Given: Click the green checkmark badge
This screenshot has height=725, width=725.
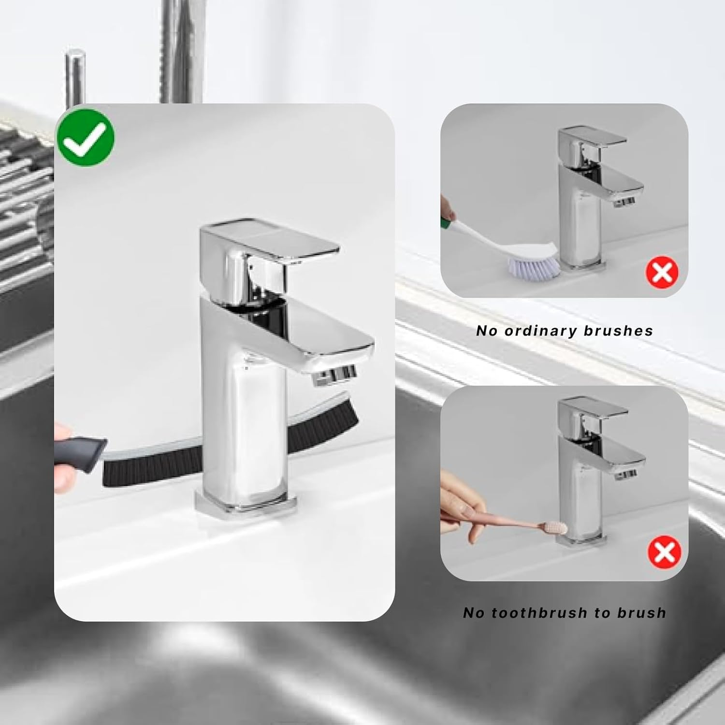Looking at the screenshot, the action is (86, 137).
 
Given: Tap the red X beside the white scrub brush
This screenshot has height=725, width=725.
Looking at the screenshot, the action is (662, 272).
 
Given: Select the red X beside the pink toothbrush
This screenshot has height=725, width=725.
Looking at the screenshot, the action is (665, 552).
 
